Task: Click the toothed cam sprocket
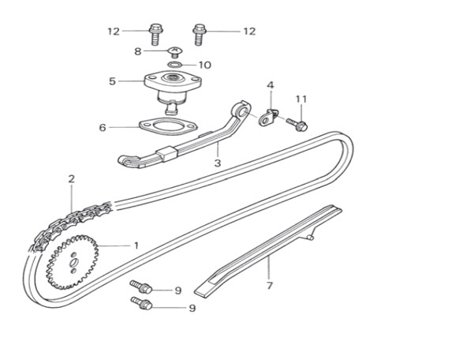[72, 262]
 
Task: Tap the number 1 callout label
[136, 246]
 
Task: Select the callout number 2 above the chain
[71, 179]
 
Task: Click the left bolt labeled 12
[155, 34]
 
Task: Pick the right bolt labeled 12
[199, 34]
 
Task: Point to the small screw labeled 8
[174, 52]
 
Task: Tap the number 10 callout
[205, 66]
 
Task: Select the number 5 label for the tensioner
[113, 81]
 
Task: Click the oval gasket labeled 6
[168, 127]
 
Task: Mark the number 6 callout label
[103, 128]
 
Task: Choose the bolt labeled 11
[297, 124]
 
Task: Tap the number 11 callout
[301, 99]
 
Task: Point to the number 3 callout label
[218, 163]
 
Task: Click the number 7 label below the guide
[269, 286]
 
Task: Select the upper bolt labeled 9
[141, 287]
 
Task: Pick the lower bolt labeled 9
[141, 303]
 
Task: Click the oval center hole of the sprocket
[74, 263]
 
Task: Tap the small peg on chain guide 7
[310, 237]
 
